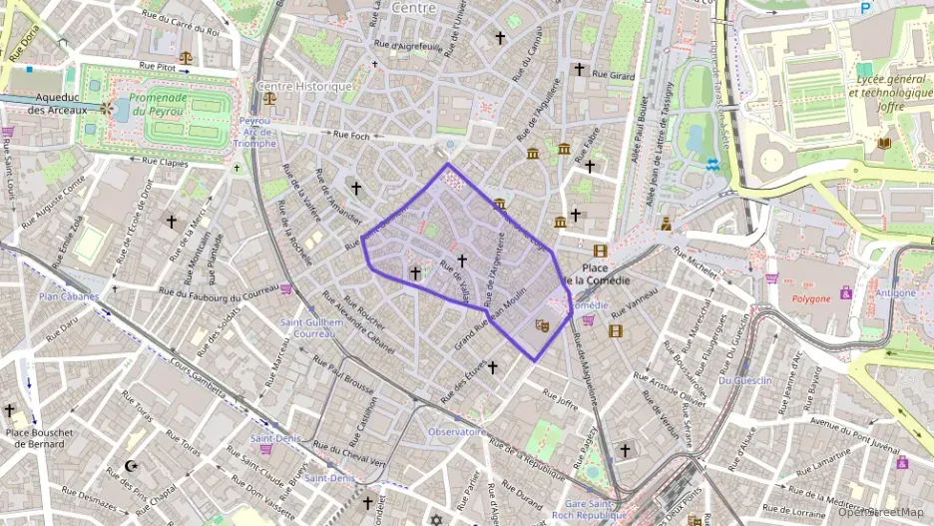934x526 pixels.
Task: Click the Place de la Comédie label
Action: coord(597,275)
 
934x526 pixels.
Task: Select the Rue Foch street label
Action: coord(352,134)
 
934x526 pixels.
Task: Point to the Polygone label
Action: coord(811,298)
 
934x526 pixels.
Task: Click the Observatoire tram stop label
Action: coord(457,432)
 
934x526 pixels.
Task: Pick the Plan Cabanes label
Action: coord(69,296)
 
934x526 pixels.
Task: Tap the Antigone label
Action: coord(897,292)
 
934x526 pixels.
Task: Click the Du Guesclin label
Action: coord(739,380)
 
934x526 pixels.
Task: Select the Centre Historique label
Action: coord(304,87)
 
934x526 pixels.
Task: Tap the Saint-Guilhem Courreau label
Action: coord(306,328)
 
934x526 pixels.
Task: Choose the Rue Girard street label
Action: coord(613,75)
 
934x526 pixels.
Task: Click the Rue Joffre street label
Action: coord(562,400)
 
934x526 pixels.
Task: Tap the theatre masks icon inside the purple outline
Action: coord(542,324)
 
